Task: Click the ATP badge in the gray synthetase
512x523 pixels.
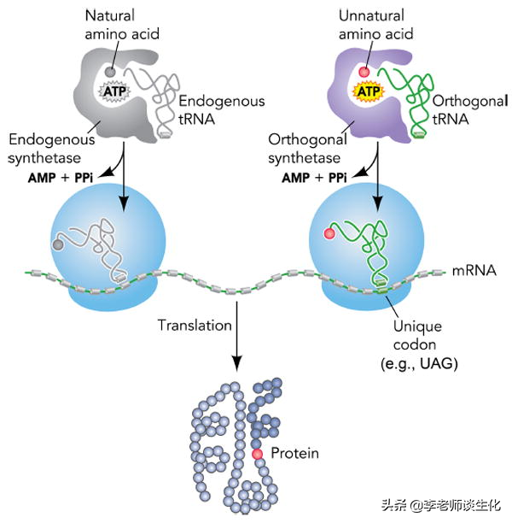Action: coord(114,89)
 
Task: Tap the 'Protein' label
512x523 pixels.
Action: coord(294,453)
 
